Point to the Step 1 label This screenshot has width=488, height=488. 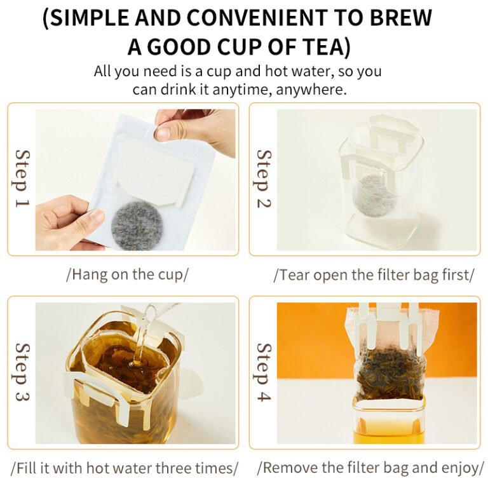(x=22, y=179)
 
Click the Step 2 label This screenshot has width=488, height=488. (x=264, y=179)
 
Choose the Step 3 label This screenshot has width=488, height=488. (x=22, y=372)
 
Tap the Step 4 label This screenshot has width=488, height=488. (x=264, y=372)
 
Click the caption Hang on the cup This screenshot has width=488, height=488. (x=127, y=274)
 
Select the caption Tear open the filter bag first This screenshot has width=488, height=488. (x=374, y=274)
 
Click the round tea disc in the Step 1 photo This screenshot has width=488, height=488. (x=137, y=226)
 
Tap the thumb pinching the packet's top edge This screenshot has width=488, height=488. (x=164, y=131)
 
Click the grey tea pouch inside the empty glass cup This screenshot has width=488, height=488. (x=374, y=196)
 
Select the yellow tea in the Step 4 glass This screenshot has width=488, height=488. (x=389, y=430)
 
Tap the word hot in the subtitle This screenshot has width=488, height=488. (x=275, y=71)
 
